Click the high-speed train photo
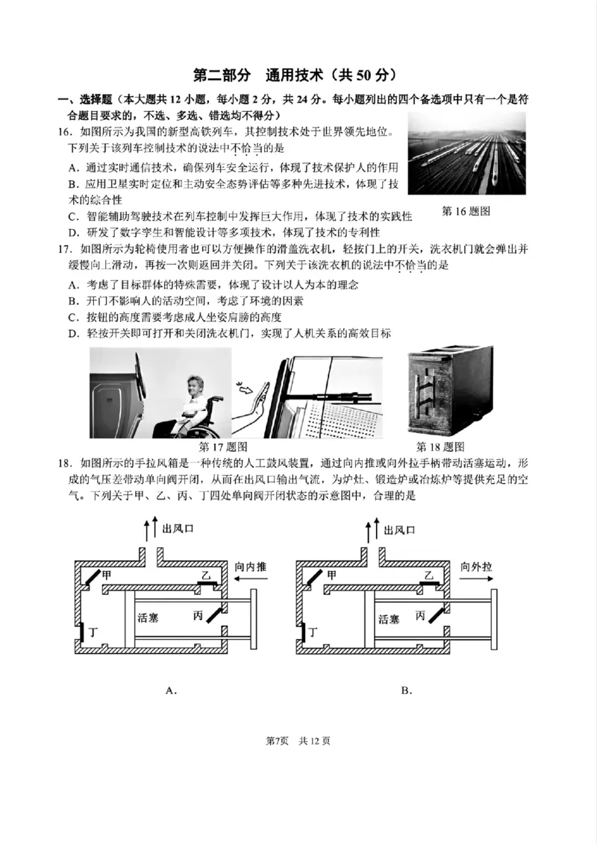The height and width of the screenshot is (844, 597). tap(466, 154)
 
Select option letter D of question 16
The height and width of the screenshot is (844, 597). tap(73, 233)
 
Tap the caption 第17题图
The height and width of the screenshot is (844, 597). tap(223, 447)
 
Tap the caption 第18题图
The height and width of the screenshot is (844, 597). tap(440, 447)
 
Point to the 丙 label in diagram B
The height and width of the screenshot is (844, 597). tap(421, 615)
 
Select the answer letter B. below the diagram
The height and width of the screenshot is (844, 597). tap(406, 690)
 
